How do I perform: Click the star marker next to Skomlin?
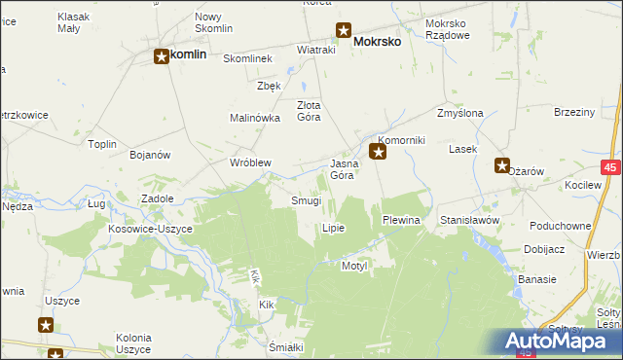point(162,57)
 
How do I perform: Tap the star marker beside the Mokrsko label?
point(343,30)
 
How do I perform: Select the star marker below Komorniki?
point(379,152)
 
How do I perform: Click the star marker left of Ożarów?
point(501,165)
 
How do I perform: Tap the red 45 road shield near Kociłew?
point(610,168)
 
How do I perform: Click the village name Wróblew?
point(249,162)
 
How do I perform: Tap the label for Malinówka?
point(255,118)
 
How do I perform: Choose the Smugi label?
point(306,201)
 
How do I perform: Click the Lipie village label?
point(333,228)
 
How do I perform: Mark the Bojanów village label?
point(150,155)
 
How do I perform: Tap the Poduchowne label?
point(560,225)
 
